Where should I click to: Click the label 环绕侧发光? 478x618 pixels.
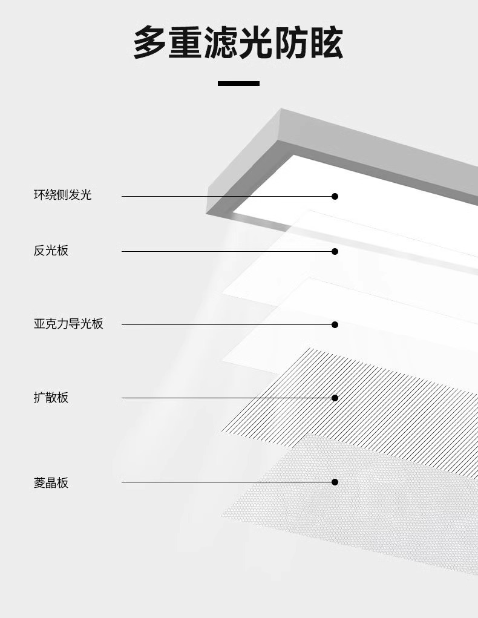[x=62, y=195]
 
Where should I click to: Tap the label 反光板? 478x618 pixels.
[x=51, y=250]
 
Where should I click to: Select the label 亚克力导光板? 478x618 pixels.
[x=68, y=324]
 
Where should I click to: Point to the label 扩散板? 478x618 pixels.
[x=51, y=398]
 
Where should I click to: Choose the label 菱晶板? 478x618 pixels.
[x=51, y=482]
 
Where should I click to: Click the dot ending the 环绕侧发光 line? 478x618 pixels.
[x=335, y=196]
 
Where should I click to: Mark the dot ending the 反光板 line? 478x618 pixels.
[x=335, y=251]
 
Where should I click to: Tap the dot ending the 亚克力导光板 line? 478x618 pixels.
[x=335, y=324]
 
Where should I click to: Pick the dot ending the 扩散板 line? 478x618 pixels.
[x=335, y=398]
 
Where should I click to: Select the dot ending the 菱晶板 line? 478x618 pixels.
[x=335, y=482]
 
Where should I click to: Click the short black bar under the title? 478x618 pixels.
[x=238, y=83]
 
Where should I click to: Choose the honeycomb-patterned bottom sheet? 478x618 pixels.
[x=363, y=508]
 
